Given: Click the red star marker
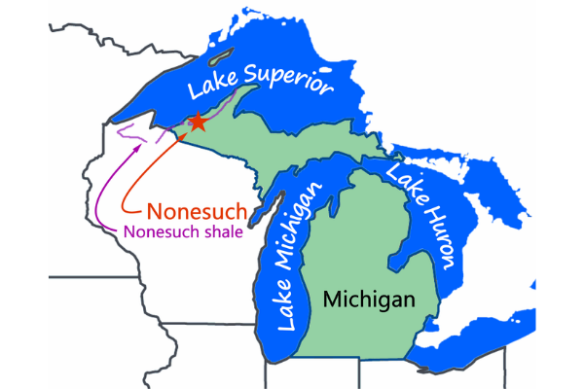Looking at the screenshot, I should pos(197,122).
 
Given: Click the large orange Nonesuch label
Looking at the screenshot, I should pos(196,211).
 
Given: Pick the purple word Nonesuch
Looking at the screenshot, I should pos(157,232).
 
